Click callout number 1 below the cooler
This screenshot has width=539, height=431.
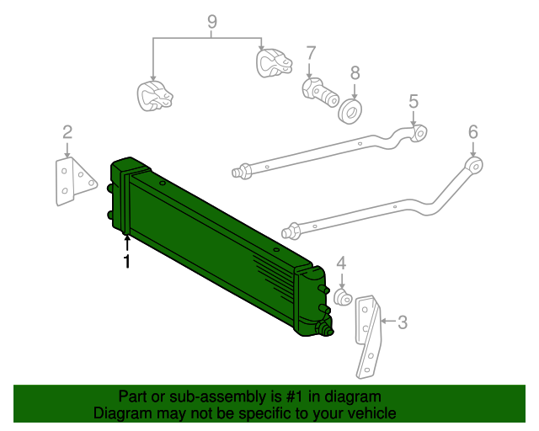127,263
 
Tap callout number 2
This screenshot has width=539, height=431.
67,131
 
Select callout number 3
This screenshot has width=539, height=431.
402,322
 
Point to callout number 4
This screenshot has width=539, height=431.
341,263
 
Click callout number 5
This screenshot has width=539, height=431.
414,102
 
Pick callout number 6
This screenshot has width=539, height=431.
472,131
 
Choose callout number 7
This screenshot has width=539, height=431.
310,53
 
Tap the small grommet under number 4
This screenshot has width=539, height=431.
343,297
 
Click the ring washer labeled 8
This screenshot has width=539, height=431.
350,109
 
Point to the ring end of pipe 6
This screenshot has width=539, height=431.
475,164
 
